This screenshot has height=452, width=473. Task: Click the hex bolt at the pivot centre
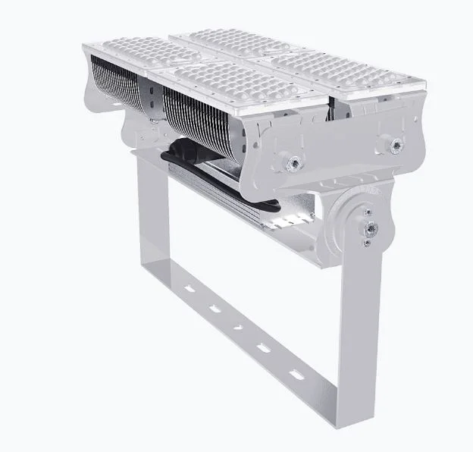369,227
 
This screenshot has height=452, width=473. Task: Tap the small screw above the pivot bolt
368,212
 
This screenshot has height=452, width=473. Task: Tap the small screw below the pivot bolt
367,242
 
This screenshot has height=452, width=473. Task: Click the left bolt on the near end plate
290,160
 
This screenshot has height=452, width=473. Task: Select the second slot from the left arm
214,308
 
